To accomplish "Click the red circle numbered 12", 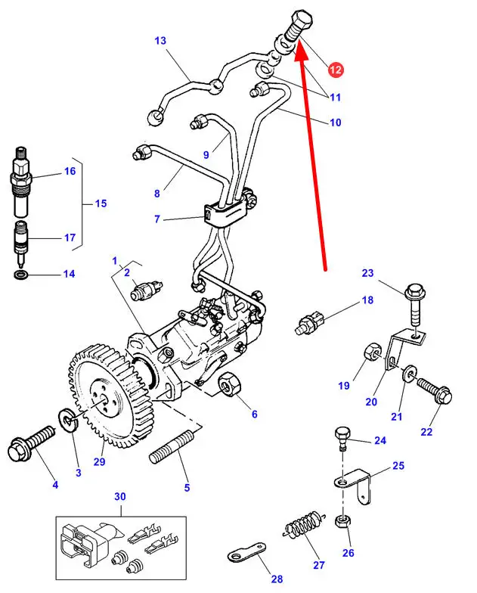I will point(335,70).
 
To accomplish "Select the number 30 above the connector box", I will point(120,496).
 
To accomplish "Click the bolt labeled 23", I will point(417,300).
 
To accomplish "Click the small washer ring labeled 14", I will point(23,273).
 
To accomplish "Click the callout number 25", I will point(398,466).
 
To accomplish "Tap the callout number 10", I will point(334,122).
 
